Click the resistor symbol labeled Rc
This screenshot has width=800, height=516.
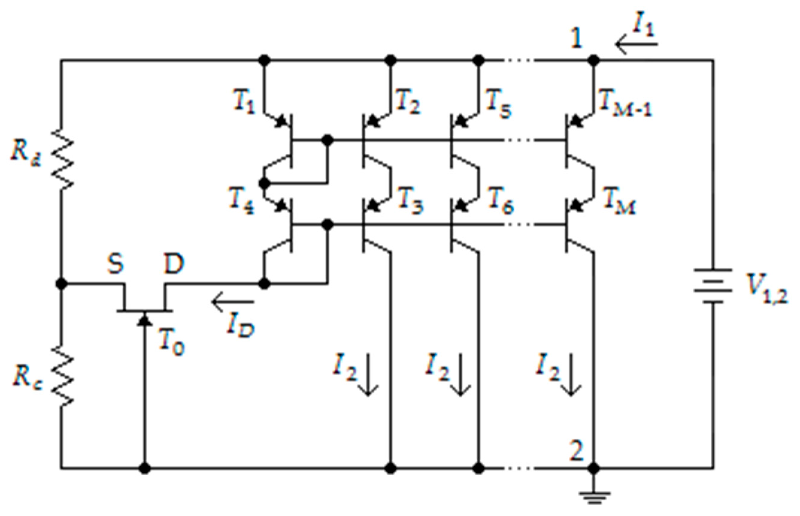[62, 376]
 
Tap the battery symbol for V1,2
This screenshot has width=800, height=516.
[713, 286]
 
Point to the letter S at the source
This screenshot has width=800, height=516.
[116, 263]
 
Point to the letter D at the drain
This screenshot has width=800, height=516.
[174, 263]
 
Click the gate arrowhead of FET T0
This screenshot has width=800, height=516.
[145, 319]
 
